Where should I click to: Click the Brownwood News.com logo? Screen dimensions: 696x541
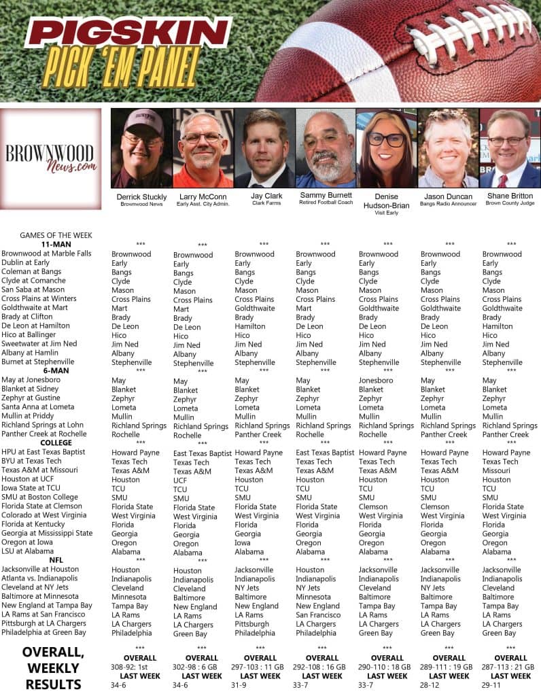point(51,157)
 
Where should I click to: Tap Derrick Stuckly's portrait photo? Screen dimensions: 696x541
point(141,148)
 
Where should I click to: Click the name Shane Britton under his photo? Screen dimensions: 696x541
point(509,196)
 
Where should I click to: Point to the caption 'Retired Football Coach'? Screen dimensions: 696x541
point(325,203)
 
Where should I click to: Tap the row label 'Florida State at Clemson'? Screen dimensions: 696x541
point(42,506)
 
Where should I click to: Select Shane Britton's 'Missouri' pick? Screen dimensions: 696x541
point(496,470)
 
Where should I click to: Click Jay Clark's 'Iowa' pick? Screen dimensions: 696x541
point(244,543)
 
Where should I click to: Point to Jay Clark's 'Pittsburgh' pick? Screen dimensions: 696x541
point(252,624)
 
